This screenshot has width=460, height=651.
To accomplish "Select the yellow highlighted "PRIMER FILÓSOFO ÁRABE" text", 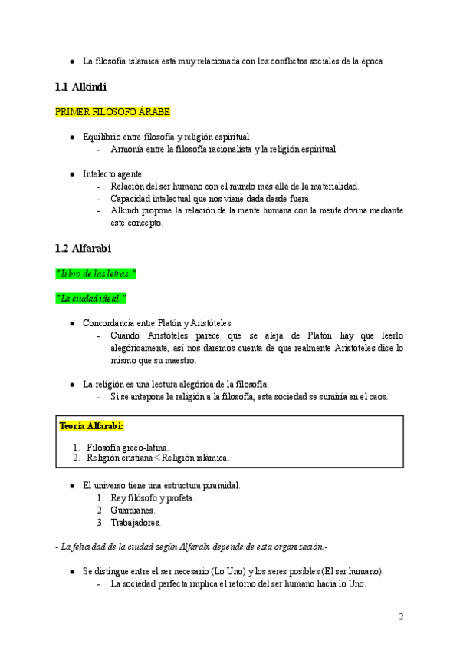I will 112,112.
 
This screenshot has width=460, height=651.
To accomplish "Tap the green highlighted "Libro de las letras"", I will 96,273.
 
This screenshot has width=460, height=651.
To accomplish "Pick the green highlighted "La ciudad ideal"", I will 90,298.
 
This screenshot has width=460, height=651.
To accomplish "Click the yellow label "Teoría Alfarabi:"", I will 91,426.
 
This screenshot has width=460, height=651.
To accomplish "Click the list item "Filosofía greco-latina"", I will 128,447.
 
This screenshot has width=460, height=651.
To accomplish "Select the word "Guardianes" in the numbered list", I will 133,510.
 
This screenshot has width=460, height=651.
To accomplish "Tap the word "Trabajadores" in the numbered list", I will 136,522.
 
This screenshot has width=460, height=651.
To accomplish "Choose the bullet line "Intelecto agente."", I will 113,173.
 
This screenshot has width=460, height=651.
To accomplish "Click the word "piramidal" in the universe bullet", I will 220,485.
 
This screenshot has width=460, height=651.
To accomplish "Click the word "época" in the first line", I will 369,61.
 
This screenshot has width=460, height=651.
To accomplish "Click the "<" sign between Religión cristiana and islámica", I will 156,458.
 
